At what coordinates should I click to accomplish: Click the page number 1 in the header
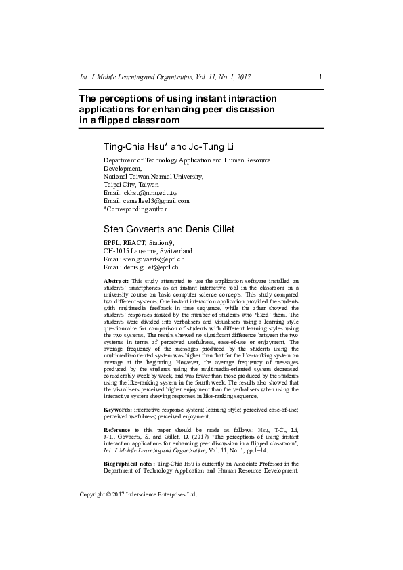[320, 76]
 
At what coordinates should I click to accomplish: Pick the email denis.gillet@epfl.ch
[149, 267]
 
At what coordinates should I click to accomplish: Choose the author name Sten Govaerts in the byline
[135, 229]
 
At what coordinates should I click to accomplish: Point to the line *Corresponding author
[140, 209]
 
